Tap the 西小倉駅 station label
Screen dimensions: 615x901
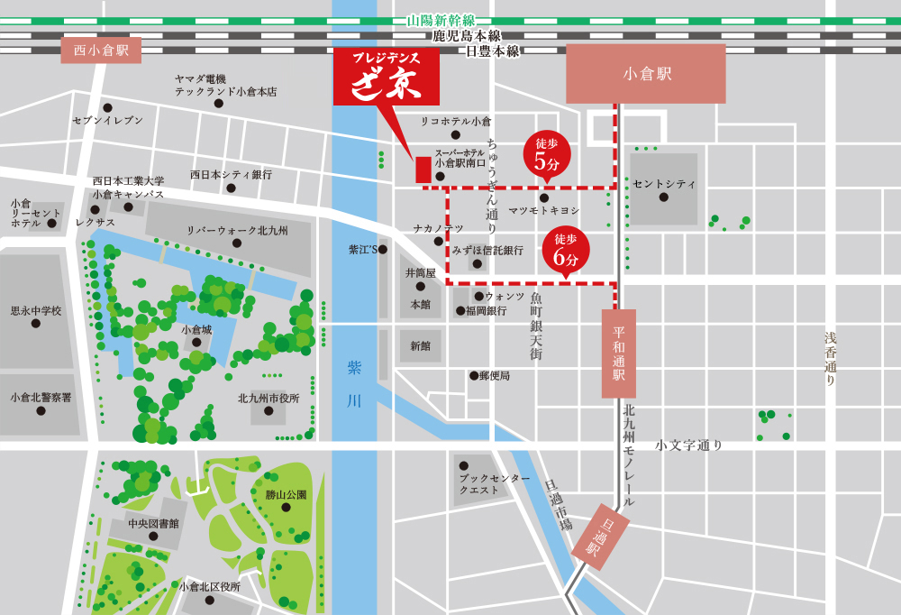click(x=101, y=50)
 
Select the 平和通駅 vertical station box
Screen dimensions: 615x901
click(x=619, y=353)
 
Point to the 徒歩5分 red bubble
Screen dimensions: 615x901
click(x=547, y=154)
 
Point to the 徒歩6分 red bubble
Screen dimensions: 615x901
click(x=565, y=250)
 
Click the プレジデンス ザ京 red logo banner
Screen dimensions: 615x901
click(x=387, y=78)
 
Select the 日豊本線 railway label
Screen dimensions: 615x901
click(x=492, y=51)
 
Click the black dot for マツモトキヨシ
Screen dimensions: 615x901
click(x=544, y=198)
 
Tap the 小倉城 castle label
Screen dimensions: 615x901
click(x=196, y=330)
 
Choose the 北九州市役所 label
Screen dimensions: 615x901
click(x=268, y=398)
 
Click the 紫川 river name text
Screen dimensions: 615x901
click(x=354, y=383)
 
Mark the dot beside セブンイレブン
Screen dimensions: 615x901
click(x=108, y=107)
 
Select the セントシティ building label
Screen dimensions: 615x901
click(x=664, y=184)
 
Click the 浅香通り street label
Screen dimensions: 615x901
click(x=830, y=359)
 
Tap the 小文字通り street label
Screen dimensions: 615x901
click(x=689, y=445)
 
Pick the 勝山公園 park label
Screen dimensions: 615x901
click(x=286, y=494)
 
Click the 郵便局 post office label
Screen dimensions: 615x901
click(x=495, y=375)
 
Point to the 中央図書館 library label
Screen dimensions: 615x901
click(x=153, y=523)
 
